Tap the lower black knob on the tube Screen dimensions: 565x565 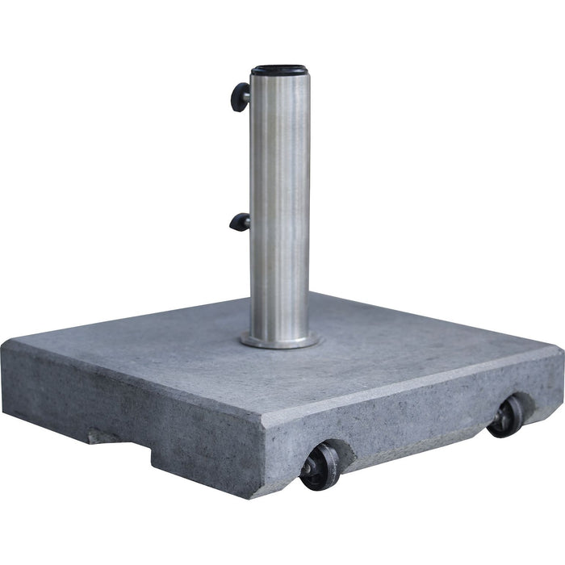point(239,222)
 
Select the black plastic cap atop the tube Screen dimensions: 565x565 point(278,70)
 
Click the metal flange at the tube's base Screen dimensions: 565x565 point(279,340)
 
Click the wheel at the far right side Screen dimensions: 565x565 point(507,415)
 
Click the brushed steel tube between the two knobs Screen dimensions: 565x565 point(279,161)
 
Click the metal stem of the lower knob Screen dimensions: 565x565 point(247,220)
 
